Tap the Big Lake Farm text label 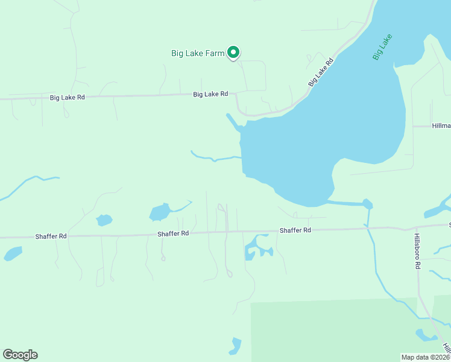coord(198,53)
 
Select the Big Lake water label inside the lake coord(382,47)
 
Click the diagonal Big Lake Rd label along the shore coord(321,72)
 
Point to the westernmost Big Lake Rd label coord(67,97)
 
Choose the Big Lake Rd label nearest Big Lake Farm coord(210,94)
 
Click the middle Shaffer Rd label coord(173,233)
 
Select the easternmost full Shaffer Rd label coord(295,230)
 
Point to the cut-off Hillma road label coord(441,126)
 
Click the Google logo coord(20,355)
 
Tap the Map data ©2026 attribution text coord(425,357)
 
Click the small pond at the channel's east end coord(367,204)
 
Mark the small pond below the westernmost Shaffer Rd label coord(13,253)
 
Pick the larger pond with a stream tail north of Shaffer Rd coord(159,212)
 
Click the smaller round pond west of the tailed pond coord(104,220)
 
